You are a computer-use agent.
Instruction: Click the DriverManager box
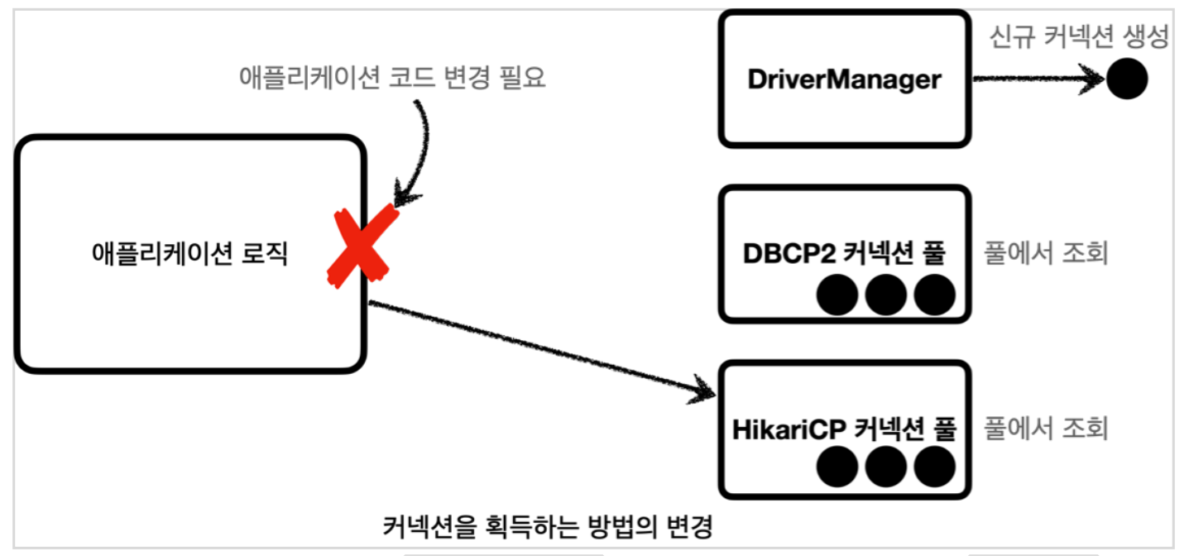[x=844, y=79]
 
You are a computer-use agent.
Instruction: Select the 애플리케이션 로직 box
[x=189, y=255]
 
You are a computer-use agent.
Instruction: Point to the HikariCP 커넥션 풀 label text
[x=844, y=429]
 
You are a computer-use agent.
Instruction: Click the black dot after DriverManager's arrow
[x=1127, y=80]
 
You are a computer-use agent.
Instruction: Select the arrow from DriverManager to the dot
[x=1038, y=80]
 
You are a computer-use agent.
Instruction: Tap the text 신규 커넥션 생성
[x=1079, y=37]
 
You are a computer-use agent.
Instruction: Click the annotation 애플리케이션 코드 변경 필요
[x=392, y=79]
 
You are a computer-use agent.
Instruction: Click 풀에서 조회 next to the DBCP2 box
[x=1045, y=253]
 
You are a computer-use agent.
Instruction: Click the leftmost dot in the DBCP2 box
[x=837, y=295]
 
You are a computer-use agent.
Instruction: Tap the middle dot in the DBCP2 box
[x=885, y=295]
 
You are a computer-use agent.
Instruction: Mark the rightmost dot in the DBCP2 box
[x=934, y=295]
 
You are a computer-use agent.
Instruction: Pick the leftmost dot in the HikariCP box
[x=837, y=468]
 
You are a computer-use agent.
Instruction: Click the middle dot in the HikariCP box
[x=885, y=468]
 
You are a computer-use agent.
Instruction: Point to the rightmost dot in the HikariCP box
[x=934, y=468]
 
